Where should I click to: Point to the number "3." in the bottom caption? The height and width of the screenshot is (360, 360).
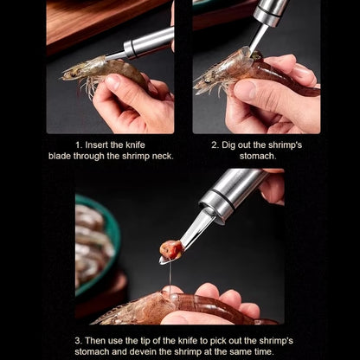point(79,339)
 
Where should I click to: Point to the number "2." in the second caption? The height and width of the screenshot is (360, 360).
point(215,145)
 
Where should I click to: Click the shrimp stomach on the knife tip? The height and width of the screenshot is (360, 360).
point(171,250)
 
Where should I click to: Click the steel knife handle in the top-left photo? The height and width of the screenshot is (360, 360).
point(148,42)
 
